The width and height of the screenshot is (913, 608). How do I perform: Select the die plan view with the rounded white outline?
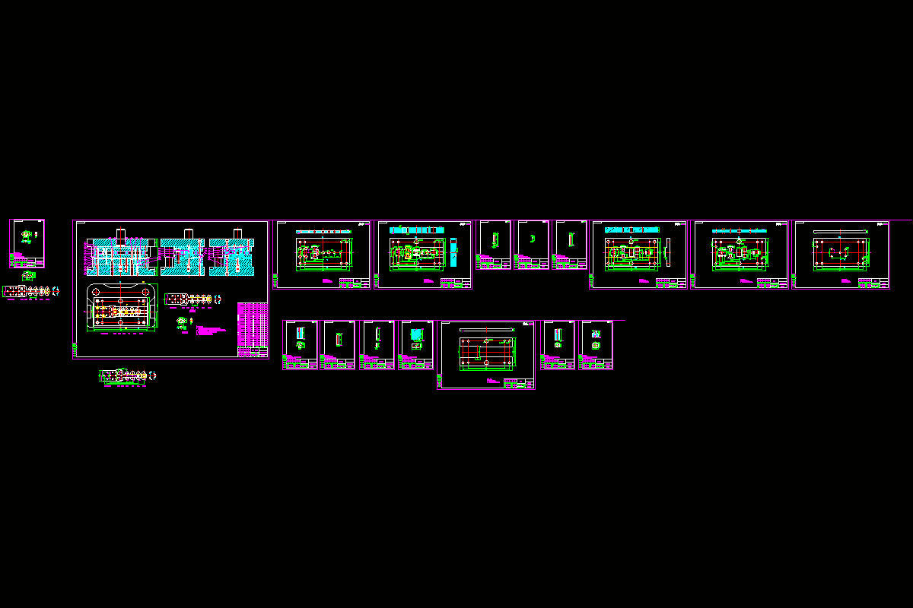(x=122, y=308)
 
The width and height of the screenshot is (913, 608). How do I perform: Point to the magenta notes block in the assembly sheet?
(x=212, y=331)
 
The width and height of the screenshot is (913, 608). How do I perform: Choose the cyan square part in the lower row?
(x=416, y=334)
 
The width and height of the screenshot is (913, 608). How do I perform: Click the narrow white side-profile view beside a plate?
(x=667, y=250)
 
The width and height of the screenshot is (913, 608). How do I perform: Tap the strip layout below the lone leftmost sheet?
(x=30, y=291)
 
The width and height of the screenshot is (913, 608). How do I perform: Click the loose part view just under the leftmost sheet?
(x=29, y=274)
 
